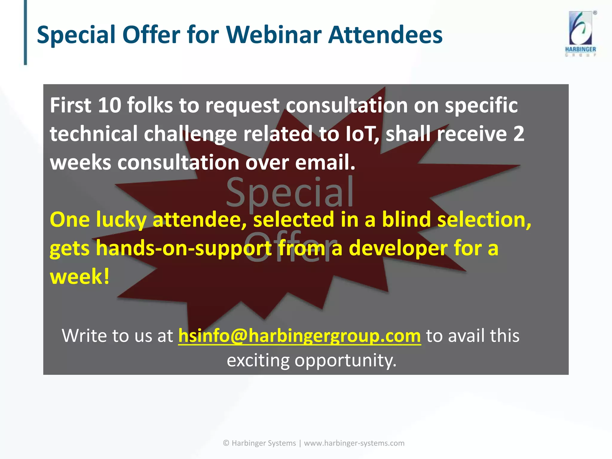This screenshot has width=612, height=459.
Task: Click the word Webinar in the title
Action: coord(273,35)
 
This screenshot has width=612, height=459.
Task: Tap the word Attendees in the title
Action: coord(385,35)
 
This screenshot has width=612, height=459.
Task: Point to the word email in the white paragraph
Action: coord(325,162)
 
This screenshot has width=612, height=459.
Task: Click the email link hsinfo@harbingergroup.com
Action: coord(299,335)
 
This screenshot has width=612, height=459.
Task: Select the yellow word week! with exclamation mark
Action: coord(80,276)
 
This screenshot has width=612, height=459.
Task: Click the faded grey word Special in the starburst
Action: coord(289,193)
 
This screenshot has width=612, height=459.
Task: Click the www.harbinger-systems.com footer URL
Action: coord(354,443)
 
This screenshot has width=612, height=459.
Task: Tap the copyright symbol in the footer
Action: coord(226,443)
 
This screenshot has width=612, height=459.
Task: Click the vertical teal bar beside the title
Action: coord(25,32)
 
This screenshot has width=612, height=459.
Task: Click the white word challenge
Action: coord(190,134)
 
